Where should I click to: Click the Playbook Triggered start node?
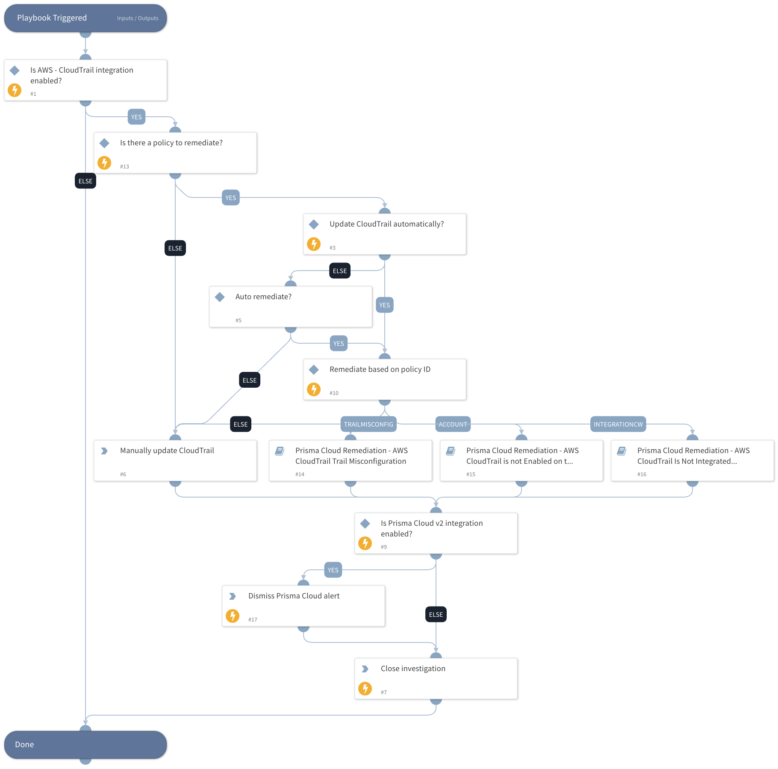pyautogui.click(x=64, y=18)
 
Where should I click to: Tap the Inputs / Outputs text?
pyautogui.click(x=138, y=18)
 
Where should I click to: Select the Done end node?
pyautogui.click(x=85, y=744)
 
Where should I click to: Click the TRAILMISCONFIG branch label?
pyautogui.click(x=368, y=424)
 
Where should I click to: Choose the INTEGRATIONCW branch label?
pyautogui.click(x=618, y=424)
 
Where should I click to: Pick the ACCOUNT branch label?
pyautogui.click(x=453, y=424)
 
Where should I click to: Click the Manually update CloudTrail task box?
pyautogui.click(x=175, y=460)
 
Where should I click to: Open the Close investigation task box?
pyautogui.click(x=436, y=678)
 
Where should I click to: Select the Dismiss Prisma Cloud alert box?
pyautogui.click(x=304, y=606)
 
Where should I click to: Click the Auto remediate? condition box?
pyautogui.click(x=291, y=306)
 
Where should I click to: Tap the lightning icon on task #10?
pyautogui.click(x=314, y=389)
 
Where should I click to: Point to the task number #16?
pyautogui.click(x=642, y=474)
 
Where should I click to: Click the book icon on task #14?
pyautogui.click(x=280, y=451)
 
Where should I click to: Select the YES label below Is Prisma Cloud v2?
pyautogui.click(x=333, y=570)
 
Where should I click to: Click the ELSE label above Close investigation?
pyautogui.click(x=436, y=614)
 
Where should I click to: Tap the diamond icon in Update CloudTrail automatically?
pyautogui.click(x=314, y=224)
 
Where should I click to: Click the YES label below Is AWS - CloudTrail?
pyautogui.click(x=136, y=117)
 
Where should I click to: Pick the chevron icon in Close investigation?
pyautogui.click(x=365, y=669)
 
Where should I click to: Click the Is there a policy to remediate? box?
pyautogui.click(x=175, y=153)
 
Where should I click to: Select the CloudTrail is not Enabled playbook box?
pyautogui.click(x=522, y=460)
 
